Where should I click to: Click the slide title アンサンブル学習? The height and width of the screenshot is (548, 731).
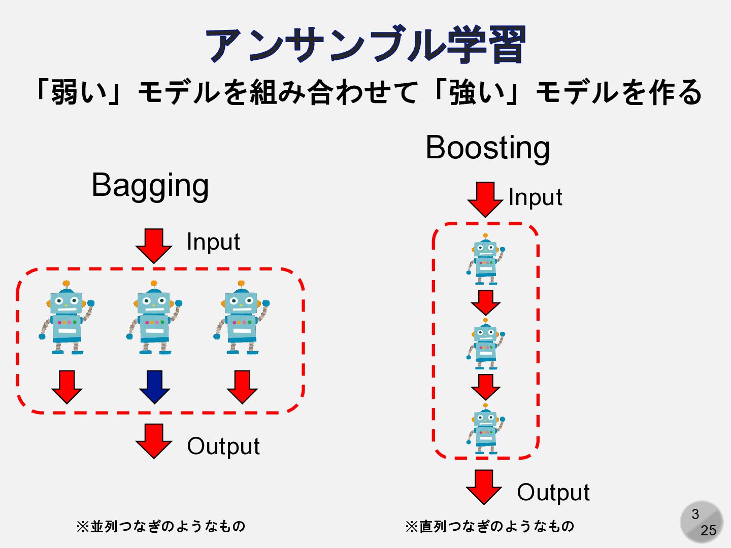pos(365,45)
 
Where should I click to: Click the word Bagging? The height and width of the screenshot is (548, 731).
pos(150,186)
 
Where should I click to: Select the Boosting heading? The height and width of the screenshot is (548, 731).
pos(487,148)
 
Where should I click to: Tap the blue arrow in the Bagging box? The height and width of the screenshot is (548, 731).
pos(154,387)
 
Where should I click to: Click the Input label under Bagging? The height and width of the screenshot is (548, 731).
pos(213,242)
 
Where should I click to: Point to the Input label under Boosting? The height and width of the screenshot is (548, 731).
pos(535,197)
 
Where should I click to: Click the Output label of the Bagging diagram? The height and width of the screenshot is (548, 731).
pos(223,447)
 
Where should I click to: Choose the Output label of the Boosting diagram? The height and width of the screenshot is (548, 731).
pos(553,493)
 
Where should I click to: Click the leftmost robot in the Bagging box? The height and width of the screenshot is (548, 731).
pos(67,318)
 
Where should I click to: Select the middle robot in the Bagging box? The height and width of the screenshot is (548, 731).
pos(154,318)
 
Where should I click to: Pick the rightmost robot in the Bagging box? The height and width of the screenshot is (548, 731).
pos(242,318)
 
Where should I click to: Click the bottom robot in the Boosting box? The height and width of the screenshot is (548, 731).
pos(486,429)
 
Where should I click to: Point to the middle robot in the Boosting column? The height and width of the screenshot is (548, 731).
pos(486,345)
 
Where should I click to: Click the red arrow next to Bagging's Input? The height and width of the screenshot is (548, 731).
pos(154,245)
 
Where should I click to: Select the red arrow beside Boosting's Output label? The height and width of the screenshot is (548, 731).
pos(484,487)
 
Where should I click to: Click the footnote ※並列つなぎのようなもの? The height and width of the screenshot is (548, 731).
pos(160,526)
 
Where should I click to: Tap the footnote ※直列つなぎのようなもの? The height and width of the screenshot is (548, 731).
pos(489,526)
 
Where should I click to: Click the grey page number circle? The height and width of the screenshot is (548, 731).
pos(702,522)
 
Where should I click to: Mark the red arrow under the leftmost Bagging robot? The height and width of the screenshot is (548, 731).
pos(67,387)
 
